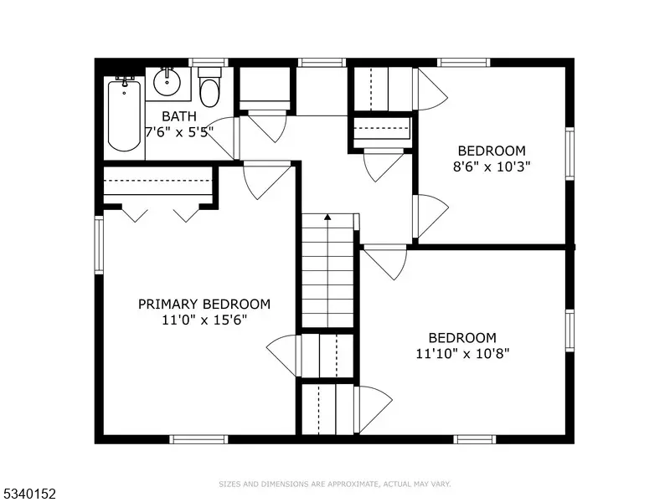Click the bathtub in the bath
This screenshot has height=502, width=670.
click(x=124, y=115)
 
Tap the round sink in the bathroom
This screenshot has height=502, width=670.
click(x=167, y=82)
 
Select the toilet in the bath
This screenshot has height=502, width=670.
click(x=210, y=87)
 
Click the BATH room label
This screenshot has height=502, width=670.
click(x=179, y=116)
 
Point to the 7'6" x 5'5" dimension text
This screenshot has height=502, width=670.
click(x=179, y=132)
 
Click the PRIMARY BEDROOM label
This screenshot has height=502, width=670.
click(x=204, y=304)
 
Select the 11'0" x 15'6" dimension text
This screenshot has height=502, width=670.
click(x=204, y=320)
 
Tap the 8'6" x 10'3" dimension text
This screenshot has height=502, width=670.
click(x=492, y=166)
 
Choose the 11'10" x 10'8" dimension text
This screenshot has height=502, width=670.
click(x=463, y=353)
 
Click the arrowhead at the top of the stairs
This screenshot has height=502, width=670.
click(x=327, y=217)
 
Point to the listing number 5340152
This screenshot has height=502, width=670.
click(x=28, y=494)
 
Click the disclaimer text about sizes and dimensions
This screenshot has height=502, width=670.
click(x=335, y=484)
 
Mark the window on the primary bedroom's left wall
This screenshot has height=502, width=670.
click(x=99, y=245)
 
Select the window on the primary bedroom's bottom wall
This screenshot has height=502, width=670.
click(x=198, y=439)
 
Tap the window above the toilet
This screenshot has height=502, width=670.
click(x=209, y=62)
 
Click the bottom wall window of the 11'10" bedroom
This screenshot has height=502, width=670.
click(x=475, y=439)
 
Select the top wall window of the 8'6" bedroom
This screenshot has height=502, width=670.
click(x=464, y=62)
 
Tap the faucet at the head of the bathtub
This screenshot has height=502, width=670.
click(x=125, y=81)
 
